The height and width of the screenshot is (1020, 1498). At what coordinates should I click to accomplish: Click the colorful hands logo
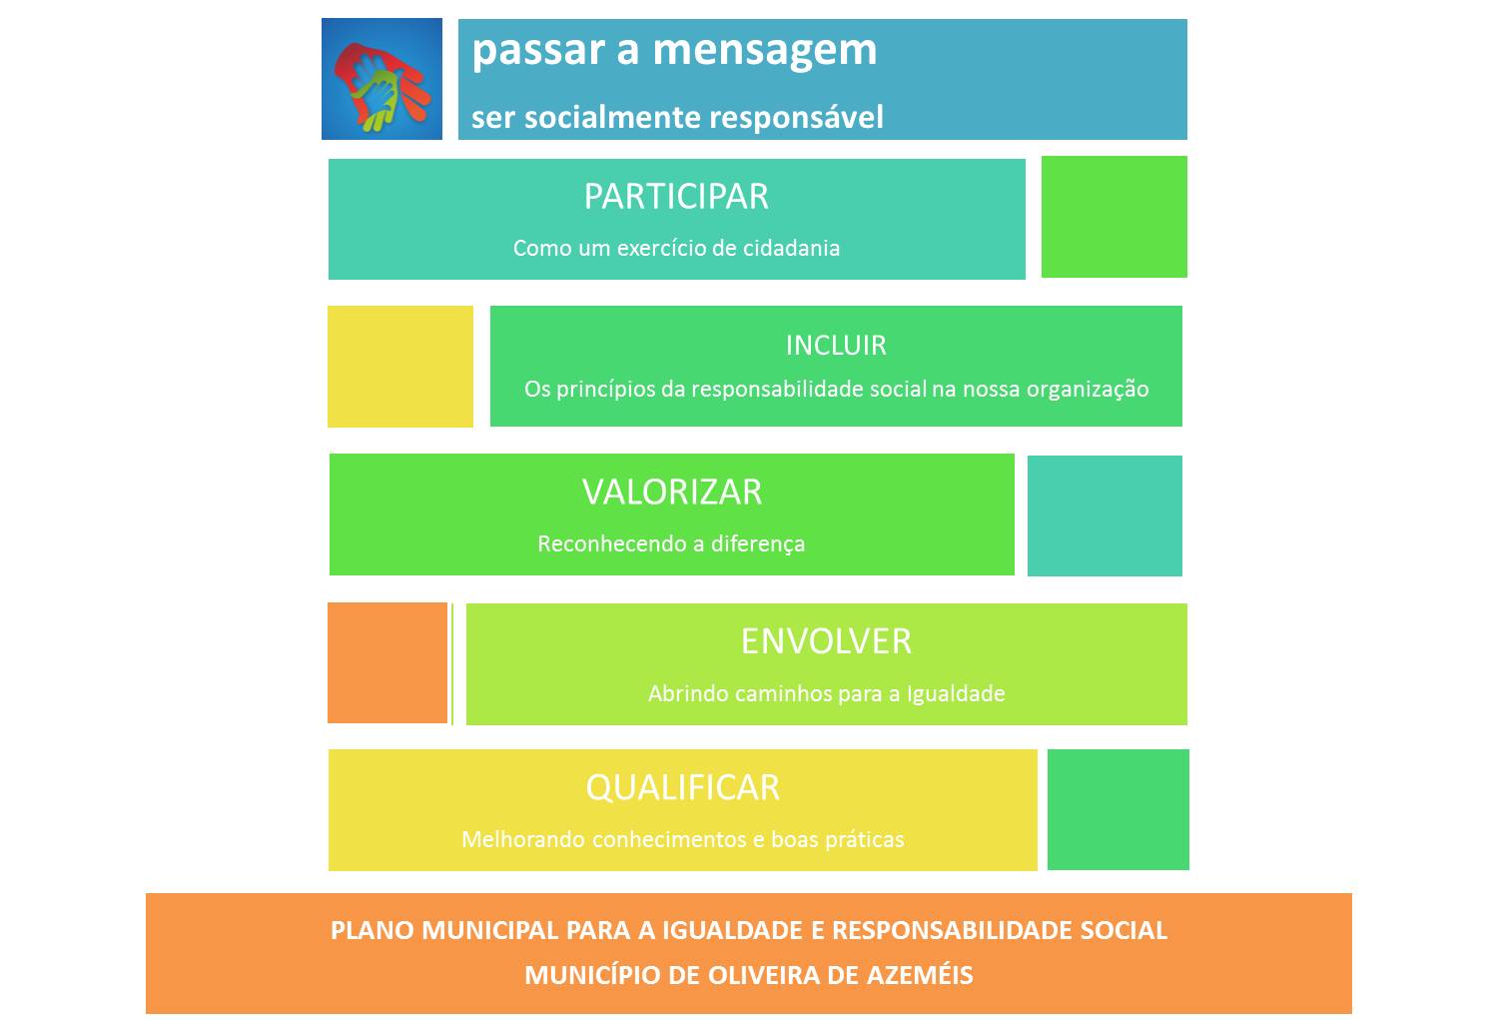[x=381, y=79]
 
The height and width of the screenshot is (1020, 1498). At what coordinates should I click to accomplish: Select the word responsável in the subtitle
[x=796, y=118]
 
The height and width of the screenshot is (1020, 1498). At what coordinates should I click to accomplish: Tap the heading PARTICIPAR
[x=676, y=197]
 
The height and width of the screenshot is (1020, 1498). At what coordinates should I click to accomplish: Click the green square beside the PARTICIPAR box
[x=1115, y=217]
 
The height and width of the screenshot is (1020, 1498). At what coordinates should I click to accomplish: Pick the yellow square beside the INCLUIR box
[x=399, y=367]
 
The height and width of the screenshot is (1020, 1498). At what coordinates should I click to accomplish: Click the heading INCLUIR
[x=836, y=345]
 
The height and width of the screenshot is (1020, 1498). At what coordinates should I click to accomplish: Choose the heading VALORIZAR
[x=671, y=493]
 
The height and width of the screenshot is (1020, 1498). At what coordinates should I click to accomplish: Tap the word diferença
[x=758, y=543]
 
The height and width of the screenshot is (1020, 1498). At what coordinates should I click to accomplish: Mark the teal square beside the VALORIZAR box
[x=1105, y=515]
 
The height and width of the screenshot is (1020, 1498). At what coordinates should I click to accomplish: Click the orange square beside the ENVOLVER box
[x=387, y=662]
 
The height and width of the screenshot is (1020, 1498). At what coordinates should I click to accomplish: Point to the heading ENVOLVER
[x=826, y=641]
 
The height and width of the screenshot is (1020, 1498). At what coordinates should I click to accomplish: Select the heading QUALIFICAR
[x=683, y=788]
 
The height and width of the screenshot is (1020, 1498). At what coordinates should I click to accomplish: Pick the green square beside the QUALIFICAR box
[x=1119, y=809]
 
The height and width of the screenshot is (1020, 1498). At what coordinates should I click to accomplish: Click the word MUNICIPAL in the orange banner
[x=489, y=930]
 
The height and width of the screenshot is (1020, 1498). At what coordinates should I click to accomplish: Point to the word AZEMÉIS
[x=920, y=974]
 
